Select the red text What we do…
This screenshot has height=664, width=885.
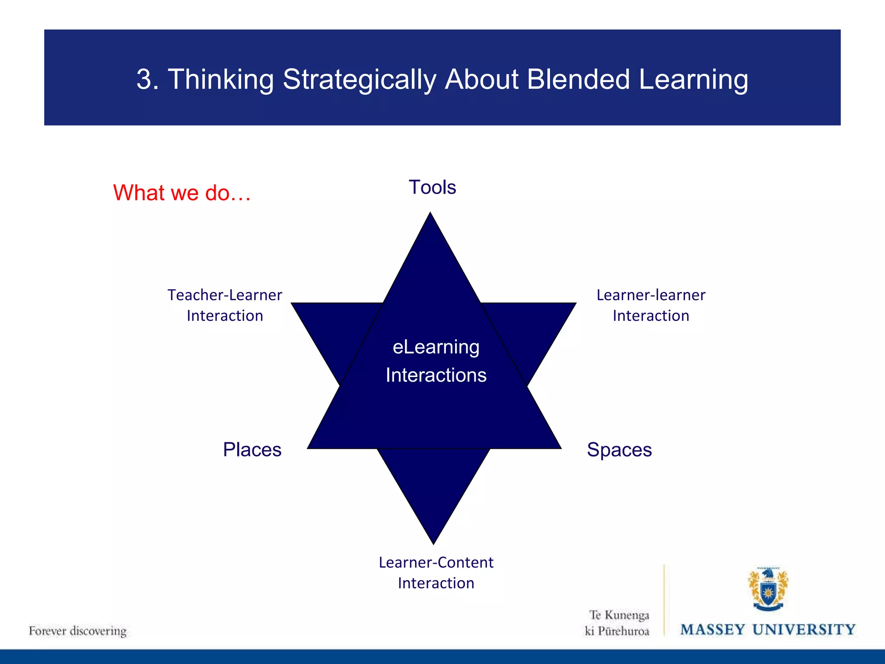coord(182,193)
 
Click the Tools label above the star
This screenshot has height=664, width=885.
coord(432,188)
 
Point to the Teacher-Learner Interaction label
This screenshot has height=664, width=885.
coord(225,305)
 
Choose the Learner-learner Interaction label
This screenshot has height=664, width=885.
coord(651,305)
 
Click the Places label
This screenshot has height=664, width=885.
coord(252,450)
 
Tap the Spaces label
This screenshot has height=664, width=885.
coord(619,450)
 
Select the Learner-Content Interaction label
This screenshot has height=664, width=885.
coord(436,573)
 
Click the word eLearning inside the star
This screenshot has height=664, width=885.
coord(436,347)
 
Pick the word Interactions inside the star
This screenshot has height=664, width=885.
coord(436,375)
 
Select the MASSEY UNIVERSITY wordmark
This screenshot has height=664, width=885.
coord(768,630)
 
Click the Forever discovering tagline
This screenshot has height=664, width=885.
coord(78,631)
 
